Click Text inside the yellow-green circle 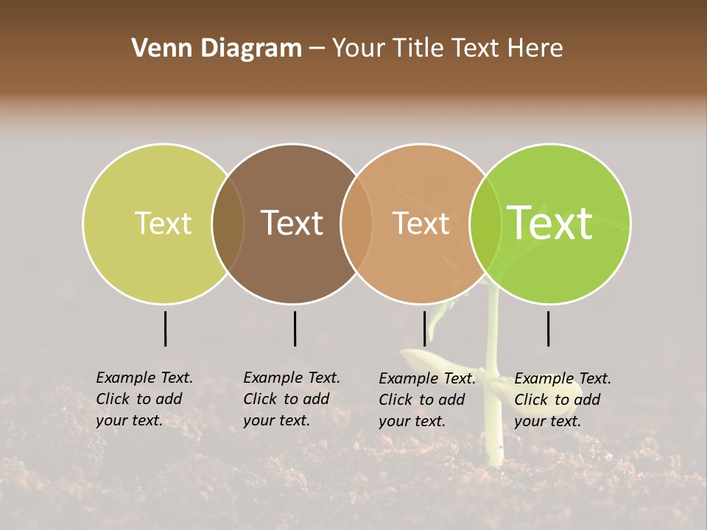click(x=163, y=224)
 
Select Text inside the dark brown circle click(x=292, y=224)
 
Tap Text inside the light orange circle click(x=421, y=224)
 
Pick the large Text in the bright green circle click(x=550, y=223)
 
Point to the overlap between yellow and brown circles click(x=228, y=224)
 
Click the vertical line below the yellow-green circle click(x=166, y=328)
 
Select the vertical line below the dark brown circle click(x=295, y=328)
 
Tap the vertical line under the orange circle click(x=425, y=328)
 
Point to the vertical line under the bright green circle click(x=549, y=328)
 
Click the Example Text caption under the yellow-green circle click(x=144, y=399)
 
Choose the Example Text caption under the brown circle click(x=292, y=399)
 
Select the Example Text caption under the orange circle click(x=427, y=400)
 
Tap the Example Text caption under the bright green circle click(x=563, y=400)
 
